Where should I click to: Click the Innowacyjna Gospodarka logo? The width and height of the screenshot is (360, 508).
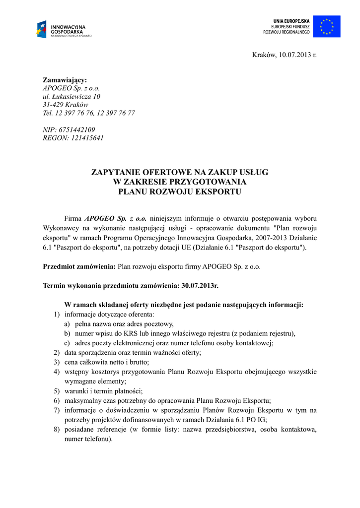point(63,29)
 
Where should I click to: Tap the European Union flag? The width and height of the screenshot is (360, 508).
point(327,26)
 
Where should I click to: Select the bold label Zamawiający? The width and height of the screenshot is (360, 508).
point(65,79)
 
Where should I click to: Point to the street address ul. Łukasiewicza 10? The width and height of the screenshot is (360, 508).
point(72,96)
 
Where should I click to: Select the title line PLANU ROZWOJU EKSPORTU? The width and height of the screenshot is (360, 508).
point(179,191)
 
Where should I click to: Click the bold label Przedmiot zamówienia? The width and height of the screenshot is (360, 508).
point(79,266)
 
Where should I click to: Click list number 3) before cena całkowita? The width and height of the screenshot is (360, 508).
point(57,362)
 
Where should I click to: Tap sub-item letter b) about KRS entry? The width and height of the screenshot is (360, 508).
point(67,333)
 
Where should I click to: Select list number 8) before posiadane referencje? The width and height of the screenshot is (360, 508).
point(57,429)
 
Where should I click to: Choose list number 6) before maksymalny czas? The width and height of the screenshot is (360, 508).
point(57,400)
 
